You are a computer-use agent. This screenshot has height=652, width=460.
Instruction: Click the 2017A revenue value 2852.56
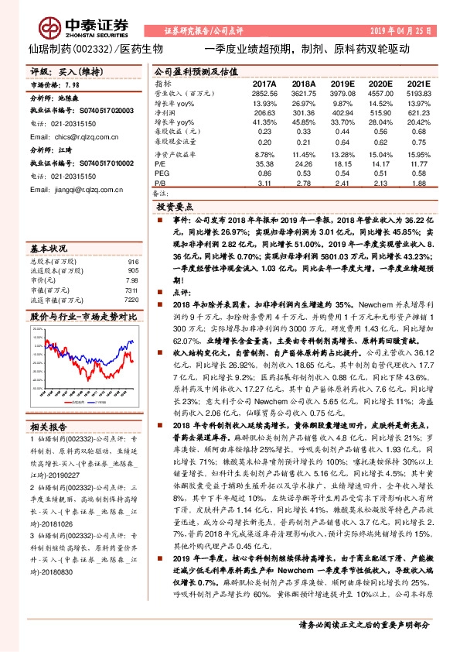point(264,92)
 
